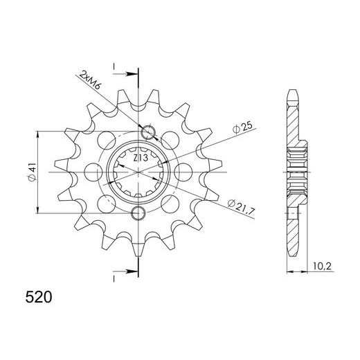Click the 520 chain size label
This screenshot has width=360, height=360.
click(x=39, y=297)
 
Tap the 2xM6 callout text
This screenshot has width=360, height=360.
click(x=90, y=80)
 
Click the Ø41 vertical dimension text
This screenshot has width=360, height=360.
click(x=32, y=172)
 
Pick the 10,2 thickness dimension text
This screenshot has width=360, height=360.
click(x=322, y=267)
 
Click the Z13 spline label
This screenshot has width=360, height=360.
click(x=141, y=159)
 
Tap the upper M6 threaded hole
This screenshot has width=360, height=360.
click(x=148, y=133)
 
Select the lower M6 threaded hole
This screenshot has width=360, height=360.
click(x=138, y=213)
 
